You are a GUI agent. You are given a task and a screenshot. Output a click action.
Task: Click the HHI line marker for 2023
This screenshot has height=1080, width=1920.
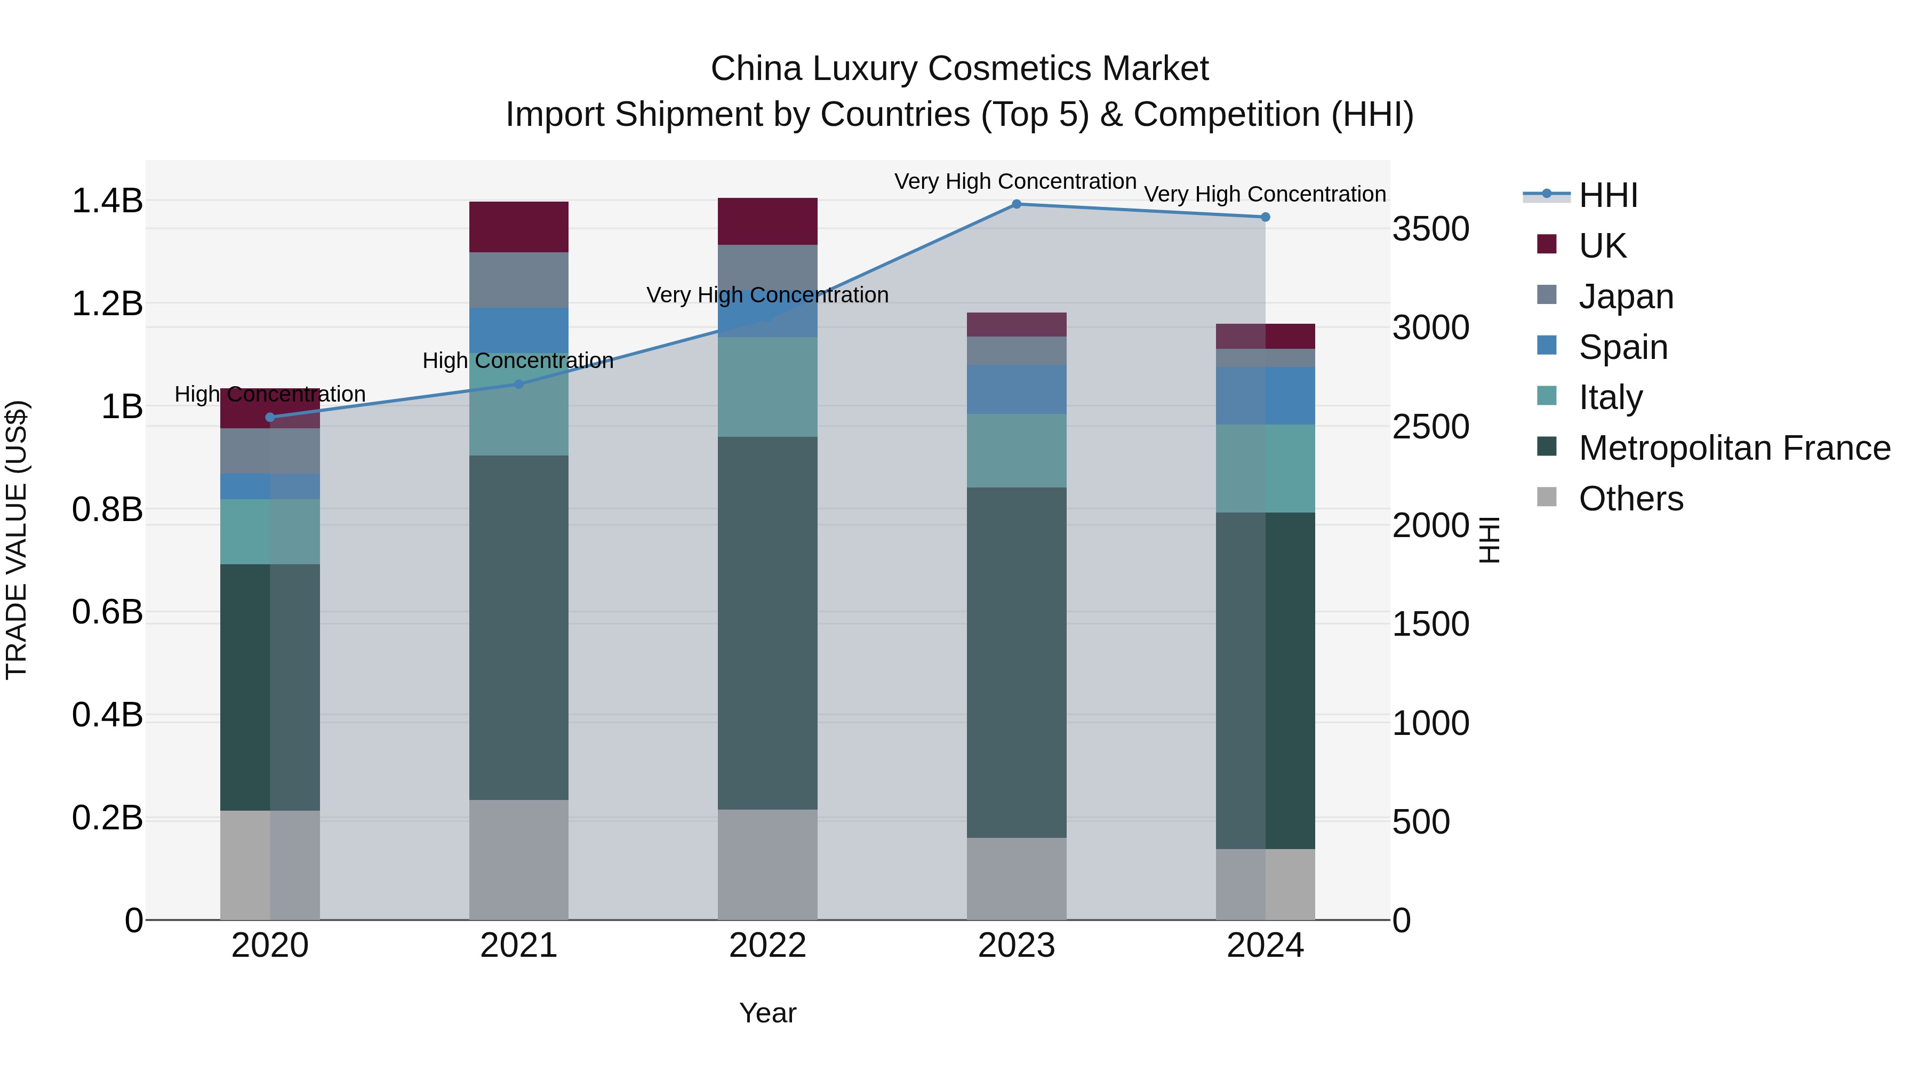1017,204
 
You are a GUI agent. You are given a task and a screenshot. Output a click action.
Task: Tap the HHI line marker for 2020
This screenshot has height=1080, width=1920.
270,418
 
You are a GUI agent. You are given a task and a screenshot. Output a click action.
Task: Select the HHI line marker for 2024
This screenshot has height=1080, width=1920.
1266,217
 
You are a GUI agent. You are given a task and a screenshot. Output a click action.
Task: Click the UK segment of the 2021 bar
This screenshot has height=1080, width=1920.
519,227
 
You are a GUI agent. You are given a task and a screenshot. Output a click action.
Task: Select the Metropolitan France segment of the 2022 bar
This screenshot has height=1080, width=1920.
767,622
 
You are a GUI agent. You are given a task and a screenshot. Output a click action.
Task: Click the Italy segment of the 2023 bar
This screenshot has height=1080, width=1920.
1017,450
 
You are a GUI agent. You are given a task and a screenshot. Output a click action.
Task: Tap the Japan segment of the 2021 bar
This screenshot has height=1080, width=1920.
519,279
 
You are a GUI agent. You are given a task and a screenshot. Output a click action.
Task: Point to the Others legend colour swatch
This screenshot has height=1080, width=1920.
1547,497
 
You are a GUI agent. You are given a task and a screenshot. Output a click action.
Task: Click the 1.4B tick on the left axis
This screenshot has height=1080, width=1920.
107,201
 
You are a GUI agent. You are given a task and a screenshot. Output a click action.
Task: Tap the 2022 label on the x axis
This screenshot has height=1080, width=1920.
767,946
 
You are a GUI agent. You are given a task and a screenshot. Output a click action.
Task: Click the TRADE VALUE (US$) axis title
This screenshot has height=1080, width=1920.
17,540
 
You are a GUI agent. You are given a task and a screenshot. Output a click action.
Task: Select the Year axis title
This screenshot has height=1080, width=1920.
767,1013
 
